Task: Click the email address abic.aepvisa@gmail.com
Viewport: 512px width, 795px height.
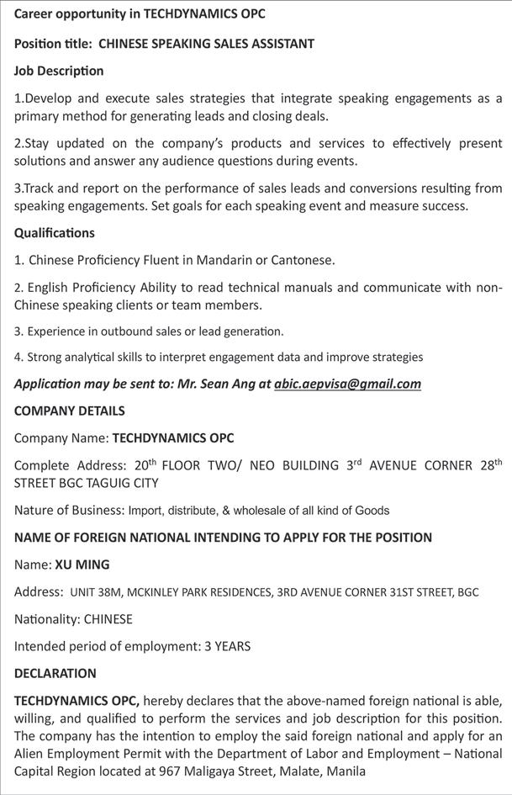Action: pyautogui.click(x=347, y=384)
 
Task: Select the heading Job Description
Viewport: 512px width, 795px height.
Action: pyautogui.click(x=59, y=71)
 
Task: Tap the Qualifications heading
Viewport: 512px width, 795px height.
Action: pyautogui.click(x=55, y=232)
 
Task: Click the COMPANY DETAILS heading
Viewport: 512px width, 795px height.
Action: pyautogui.click(x=70, y=411)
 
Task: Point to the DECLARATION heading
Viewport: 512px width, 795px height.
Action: pyautogui.click(x=55, y=673)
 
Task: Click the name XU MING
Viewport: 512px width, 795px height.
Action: pyautogui.click(x=82, y=564)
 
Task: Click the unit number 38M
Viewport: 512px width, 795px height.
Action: pyautogui.click(x=110, y=592)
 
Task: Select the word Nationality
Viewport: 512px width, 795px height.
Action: pyautogui.click(x=46, y=619)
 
